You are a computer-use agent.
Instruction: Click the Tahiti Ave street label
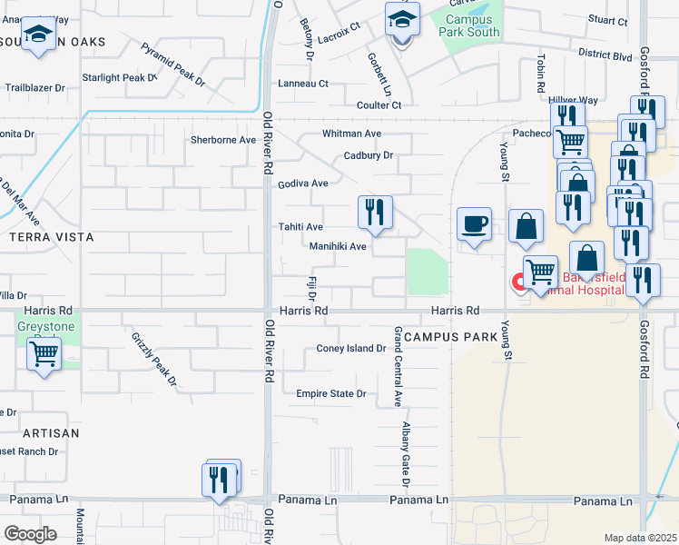300,227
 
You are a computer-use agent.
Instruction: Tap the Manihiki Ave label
338,246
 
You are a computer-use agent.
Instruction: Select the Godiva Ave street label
303,183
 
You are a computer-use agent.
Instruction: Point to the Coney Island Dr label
351,348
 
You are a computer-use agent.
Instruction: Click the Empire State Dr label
330,393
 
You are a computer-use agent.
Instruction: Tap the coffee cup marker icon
473,223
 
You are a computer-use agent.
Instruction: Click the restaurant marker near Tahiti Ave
375,213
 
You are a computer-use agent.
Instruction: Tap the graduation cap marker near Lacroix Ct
402,20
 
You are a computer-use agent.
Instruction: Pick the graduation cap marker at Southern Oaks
37,35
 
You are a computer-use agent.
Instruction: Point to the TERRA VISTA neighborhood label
51,237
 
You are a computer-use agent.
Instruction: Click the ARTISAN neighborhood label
51,433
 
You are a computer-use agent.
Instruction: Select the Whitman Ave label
351,134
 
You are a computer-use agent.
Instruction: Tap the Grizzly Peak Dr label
153,360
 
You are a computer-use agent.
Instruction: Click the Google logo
30,533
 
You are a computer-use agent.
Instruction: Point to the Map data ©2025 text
640,538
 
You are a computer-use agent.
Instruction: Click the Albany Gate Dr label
408,451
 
